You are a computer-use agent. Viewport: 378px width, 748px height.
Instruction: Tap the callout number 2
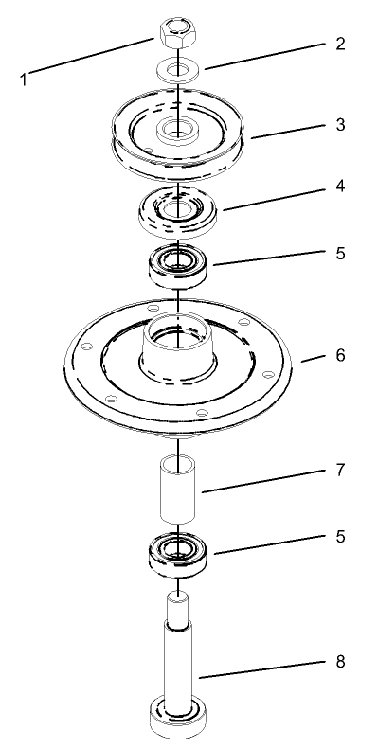point(340,45)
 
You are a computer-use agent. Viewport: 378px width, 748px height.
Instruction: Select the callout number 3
point(340,125)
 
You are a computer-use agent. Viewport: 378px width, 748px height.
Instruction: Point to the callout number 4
point(340,187)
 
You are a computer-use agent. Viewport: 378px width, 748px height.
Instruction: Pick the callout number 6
point(340,356)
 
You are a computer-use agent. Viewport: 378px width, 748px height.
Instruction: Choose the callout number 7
point(340,470)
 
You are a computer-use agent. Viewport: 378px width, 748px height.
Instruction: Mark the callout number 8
point(340,661)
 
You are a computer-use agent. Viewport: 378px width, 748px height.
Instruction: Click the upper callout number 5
point(340,254)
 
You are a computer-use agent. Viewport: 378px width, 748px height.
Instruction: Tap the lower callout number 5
point(340,536)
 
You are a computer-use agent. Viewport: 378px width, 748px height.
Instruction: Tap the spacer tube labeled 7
point(178,488)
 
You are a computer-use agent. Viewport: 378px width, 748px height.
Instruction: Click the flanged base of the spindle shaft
point(178,718)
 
